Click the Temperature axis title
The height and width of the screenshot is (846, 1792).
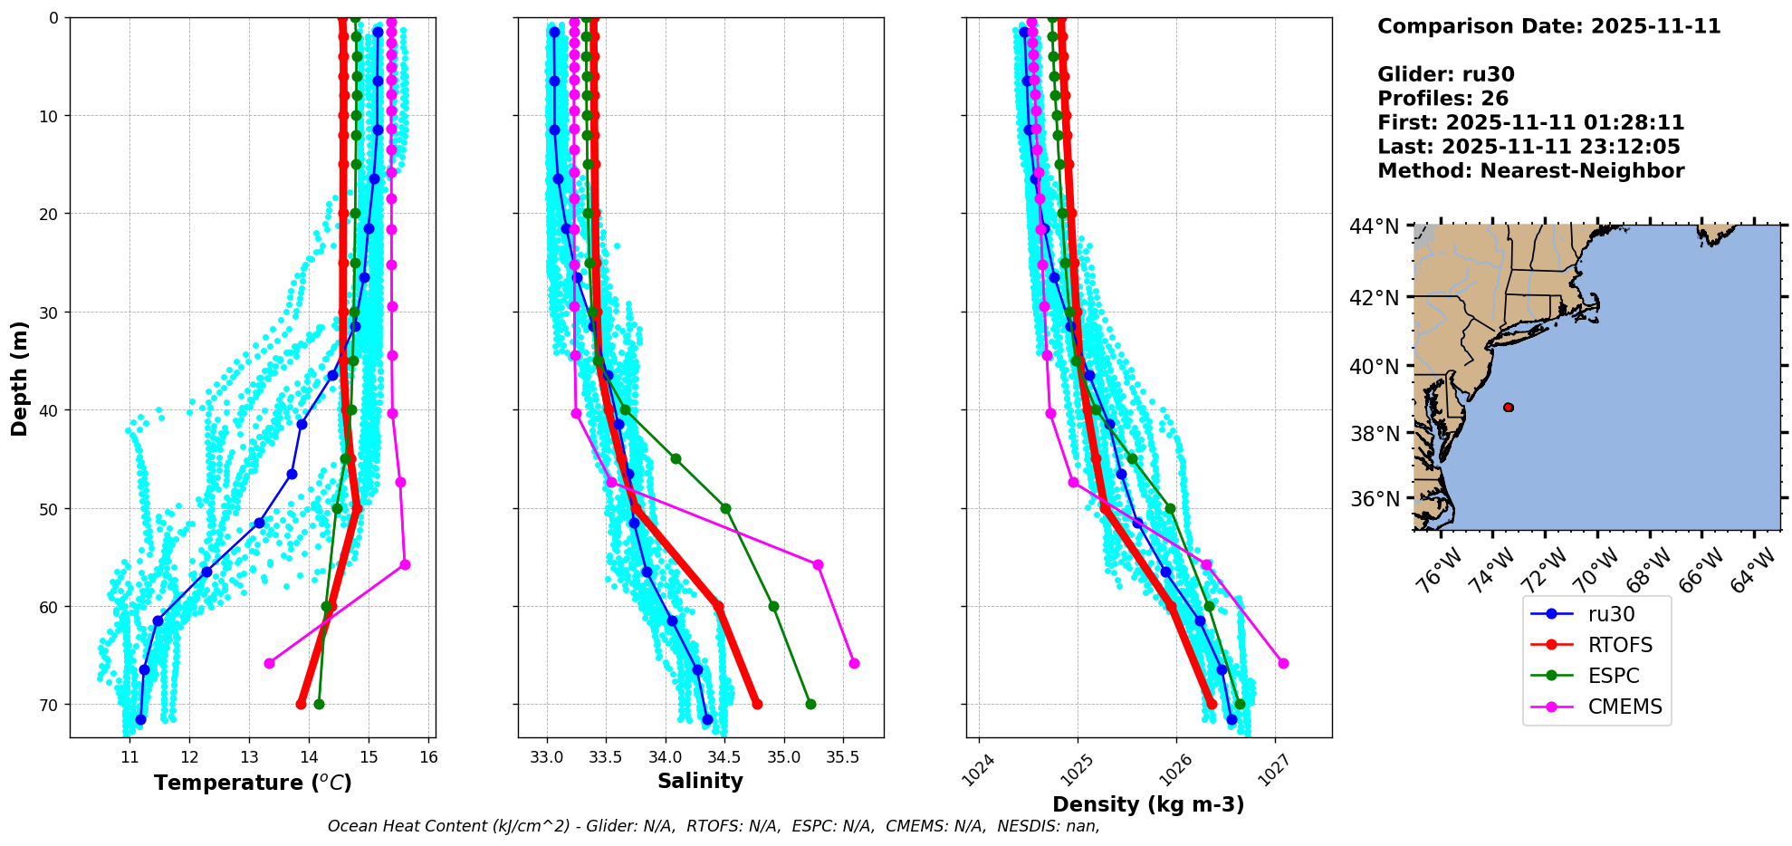253,783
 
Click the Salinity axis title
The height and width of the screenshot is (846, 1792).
700,782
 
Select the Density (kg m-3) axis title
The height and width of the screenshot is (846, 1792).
1148,804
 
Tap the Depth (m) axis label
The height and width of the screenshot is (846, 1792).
19,379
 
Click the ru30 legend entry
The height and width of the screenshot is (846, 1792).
1611,614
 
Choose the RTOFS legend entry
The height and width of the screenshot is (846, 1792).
1620,645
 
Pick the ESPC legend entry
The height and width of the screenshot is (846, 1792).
1613,676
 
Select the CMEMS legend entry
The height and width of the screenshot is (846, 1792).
1624,707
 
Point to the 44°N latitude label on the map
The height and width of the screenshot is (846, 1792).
1374,226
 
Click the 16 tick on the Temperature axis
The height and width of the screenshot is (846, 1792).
428,757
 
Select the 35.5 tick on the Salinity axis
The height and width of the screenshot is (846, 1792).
842,757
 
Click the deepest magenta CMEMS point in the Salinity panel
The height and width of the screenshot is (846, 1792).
854,663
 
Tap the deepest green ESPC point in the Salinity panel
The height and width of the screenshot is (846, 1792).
810,704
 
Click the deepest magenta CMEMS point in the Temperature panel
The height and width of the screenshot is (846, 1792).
269,663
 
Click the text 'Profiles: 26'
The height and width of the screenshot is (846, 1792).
1442,99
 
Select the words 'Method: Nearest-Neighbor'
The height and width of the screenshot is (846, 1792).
1530,171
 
